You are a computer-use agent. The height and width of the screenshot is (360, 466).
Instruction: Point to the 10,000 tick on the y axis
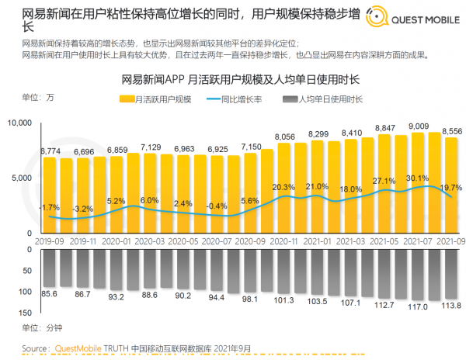[x=19, y=123]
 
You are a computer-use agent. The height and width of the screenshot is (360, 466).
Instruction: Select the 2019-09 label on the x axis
[x=49, y=242]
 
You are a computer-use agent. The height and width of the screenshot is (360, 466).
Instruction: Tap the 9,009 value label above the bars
[x=420, y=126]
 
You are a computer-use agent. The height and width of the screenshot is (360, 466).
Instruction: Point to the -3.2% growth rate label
[x=83, y=209]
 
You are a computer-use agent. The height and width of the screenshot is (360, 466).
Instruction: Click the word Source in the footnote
[x=37, y=348]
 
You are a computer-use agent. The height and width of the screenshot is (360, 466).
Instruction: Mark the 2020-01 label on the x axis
[x=116, y=242]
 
